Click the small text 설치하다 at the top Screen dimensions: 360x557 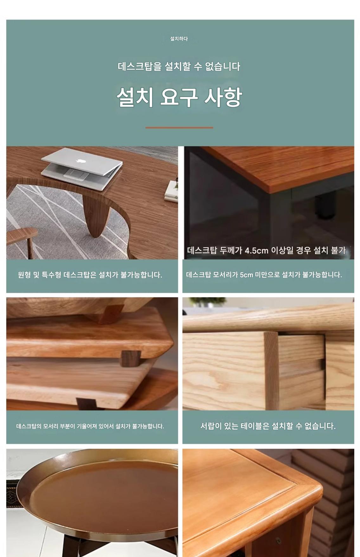click(x=179, y=39)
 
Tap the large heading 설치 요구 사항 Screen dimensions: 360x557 click(x=179, y=97)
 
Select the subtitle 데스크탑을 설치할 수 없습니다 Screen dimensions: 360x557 click(x=179, y=67)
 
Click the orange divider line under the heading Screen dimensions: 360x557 click(x=179, y=128)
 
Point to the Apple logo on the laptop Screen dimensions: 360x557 click(x=80, y=160)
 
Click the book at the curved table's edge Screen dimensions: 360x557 click(x=171, y=191)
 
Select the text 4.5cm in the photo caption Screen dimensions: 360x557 click(x=256, y=250)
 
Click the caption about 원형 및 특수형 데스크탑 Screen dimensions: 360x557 click(x=90, y=275)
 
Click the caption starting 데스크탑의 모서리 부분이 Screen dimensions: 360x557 click(x=90, y=426)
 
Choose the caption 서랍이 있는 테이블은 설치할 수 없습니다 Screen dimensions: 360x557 click(x=268, y=426)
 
